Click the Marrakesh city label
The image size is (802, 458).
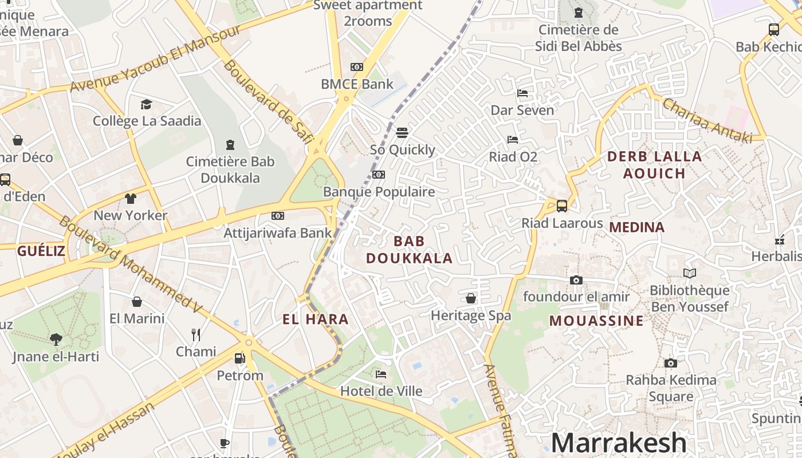(619, 443)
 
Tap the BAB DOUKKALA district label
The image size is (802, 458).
(410, 250)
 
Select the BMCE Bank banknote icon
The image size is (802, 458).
(357, 67)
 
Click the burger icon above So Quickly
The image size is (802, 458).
(402, 133)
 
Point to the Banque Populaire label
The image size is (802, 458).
(379, 192)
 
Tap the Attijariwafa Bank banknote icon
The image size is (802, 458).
(278, 216)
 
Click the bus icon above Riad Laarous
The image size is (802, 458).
(562, 206)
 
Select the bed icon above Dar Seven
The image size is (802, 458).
(522, 93)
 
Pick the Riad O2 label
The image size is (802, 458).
(513, 156)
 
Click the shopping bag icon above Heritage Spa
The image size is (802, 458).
(471, 298)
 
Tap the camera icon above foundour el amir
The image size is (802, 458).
(576, 280)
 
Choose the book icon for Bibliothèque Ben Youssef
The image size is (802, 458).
(690, 274)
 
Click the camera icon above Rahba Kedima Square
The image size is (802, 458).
(671, 363)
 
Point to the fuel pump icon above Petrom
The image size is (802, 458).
(240, 358)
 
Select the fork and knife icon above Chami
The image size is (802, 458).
(196, 334)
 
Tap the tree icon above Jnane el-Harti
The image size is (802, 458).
(56, 339)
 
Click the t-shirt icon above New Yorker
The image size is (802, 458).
(131, 199)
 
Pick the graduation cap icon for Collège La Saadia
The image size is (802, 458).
(147, 104)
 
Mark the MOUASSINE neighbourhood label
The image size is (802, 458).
(596, 321)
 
